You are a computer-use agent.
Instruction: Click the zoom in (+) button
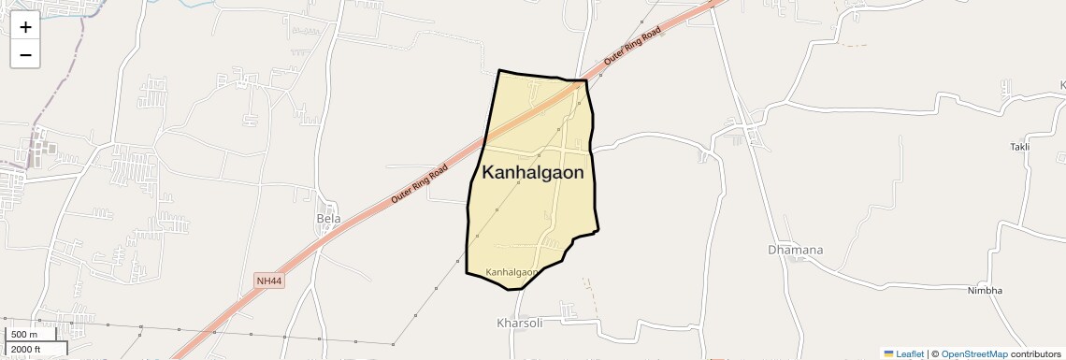coord(25,27)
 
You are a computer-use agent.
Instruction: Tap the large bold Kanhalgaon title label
coord(533,173)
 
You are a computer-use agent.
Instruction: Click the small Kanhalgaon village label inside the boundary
coord(512,272)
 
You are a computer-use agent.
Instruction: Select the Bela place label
coord(328,219)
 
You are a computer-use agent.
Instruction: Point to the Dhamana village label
coord(795,251)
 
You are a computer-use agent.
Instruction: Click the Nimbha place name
coord(985,291)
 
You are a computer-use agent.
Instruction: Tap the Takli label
coord(1019,148)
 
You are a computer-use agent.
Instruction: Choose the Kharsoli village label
coord(519,323)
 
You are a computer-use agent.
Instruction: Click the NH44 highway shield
coord(267,280)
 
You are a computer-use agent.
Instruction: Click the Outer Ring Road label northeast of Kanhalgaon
coord(632,45)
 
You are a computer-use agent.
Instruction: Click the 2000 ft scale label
coord(26,349)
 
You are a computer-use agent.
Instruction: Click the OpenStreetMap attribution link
coord(973,354)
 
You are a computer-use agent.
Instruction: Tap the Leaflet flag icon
coord(888,354)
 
